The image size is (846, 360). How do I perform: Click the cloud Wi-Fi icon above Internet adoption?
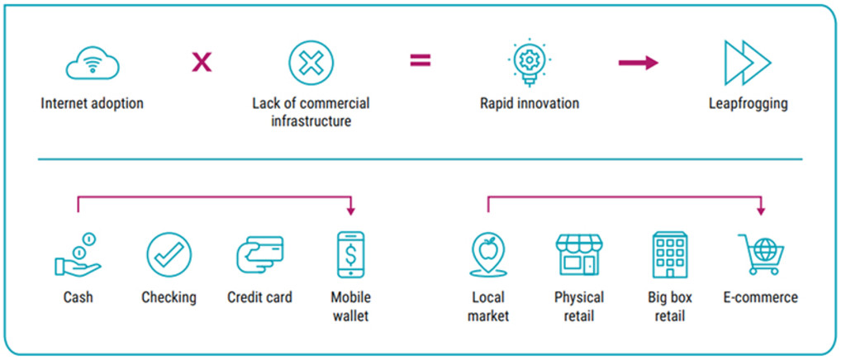pos(93,63)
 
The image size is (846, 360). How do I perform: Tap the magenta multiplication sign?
pos(202,62)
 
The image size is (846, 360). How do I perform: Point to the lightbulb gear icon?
pos(529,63)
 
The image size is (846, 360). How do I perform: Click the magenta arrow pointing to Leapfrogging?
pos(638,63)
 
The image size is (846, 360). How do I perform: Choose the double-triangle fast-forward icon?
pos(747,63)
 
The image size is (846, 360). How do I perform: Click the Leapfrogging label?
pos(748,104)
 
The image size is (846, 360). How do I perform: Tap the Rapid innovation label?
pos(530,104)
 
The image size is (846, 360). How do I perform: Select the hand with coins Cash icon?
pos(78,255)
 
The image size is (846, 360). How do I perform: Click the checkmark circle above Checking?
pos(169,254)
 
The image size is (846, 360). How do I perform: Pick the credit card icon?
pos(259,254)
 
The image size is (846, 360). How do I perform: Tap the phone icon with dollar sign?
pos(350,254)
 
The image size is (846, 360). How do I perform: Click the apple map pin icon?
pos(487,254)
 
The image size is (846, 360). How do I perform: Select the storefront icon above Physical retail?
pos(578,254)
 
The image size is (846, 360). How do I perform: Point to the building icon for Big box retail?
pos(669,254)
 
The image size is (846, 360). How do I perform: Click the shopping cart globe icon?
pos(761,254)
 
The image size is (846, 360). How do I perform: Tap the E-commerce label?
pos(760,297)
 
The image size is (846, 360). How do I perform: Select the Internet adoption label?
pos(92,104)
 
